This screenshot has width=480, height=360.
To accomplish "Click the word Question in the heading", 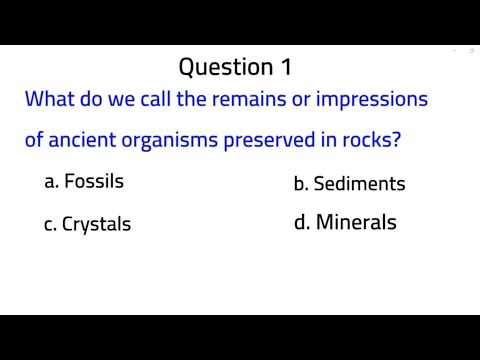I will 223,67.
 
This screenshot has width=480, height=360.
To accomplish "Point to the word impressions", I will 377,100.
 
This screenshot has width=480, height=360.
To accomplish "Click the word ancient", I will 84,140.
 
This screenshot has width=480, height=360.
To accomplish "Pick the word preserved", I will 277,140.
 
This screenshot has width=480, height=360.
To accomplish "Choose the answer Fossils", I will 94,181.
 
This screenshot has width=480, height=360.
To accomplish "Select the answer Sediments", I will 359,184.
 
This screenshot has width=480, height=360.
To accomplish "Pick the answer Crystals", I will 96,224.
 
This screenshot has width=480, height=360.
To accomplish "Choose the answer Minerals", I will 356,222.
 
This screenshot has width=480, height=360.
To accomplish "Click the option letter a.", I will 50,182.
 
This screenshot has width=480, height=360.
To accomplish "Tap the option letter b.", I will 299,184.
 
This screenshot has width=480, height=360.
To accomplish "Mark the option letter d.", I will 299,222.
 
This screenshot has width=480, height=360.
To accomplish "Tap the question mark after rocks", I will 397,140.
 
